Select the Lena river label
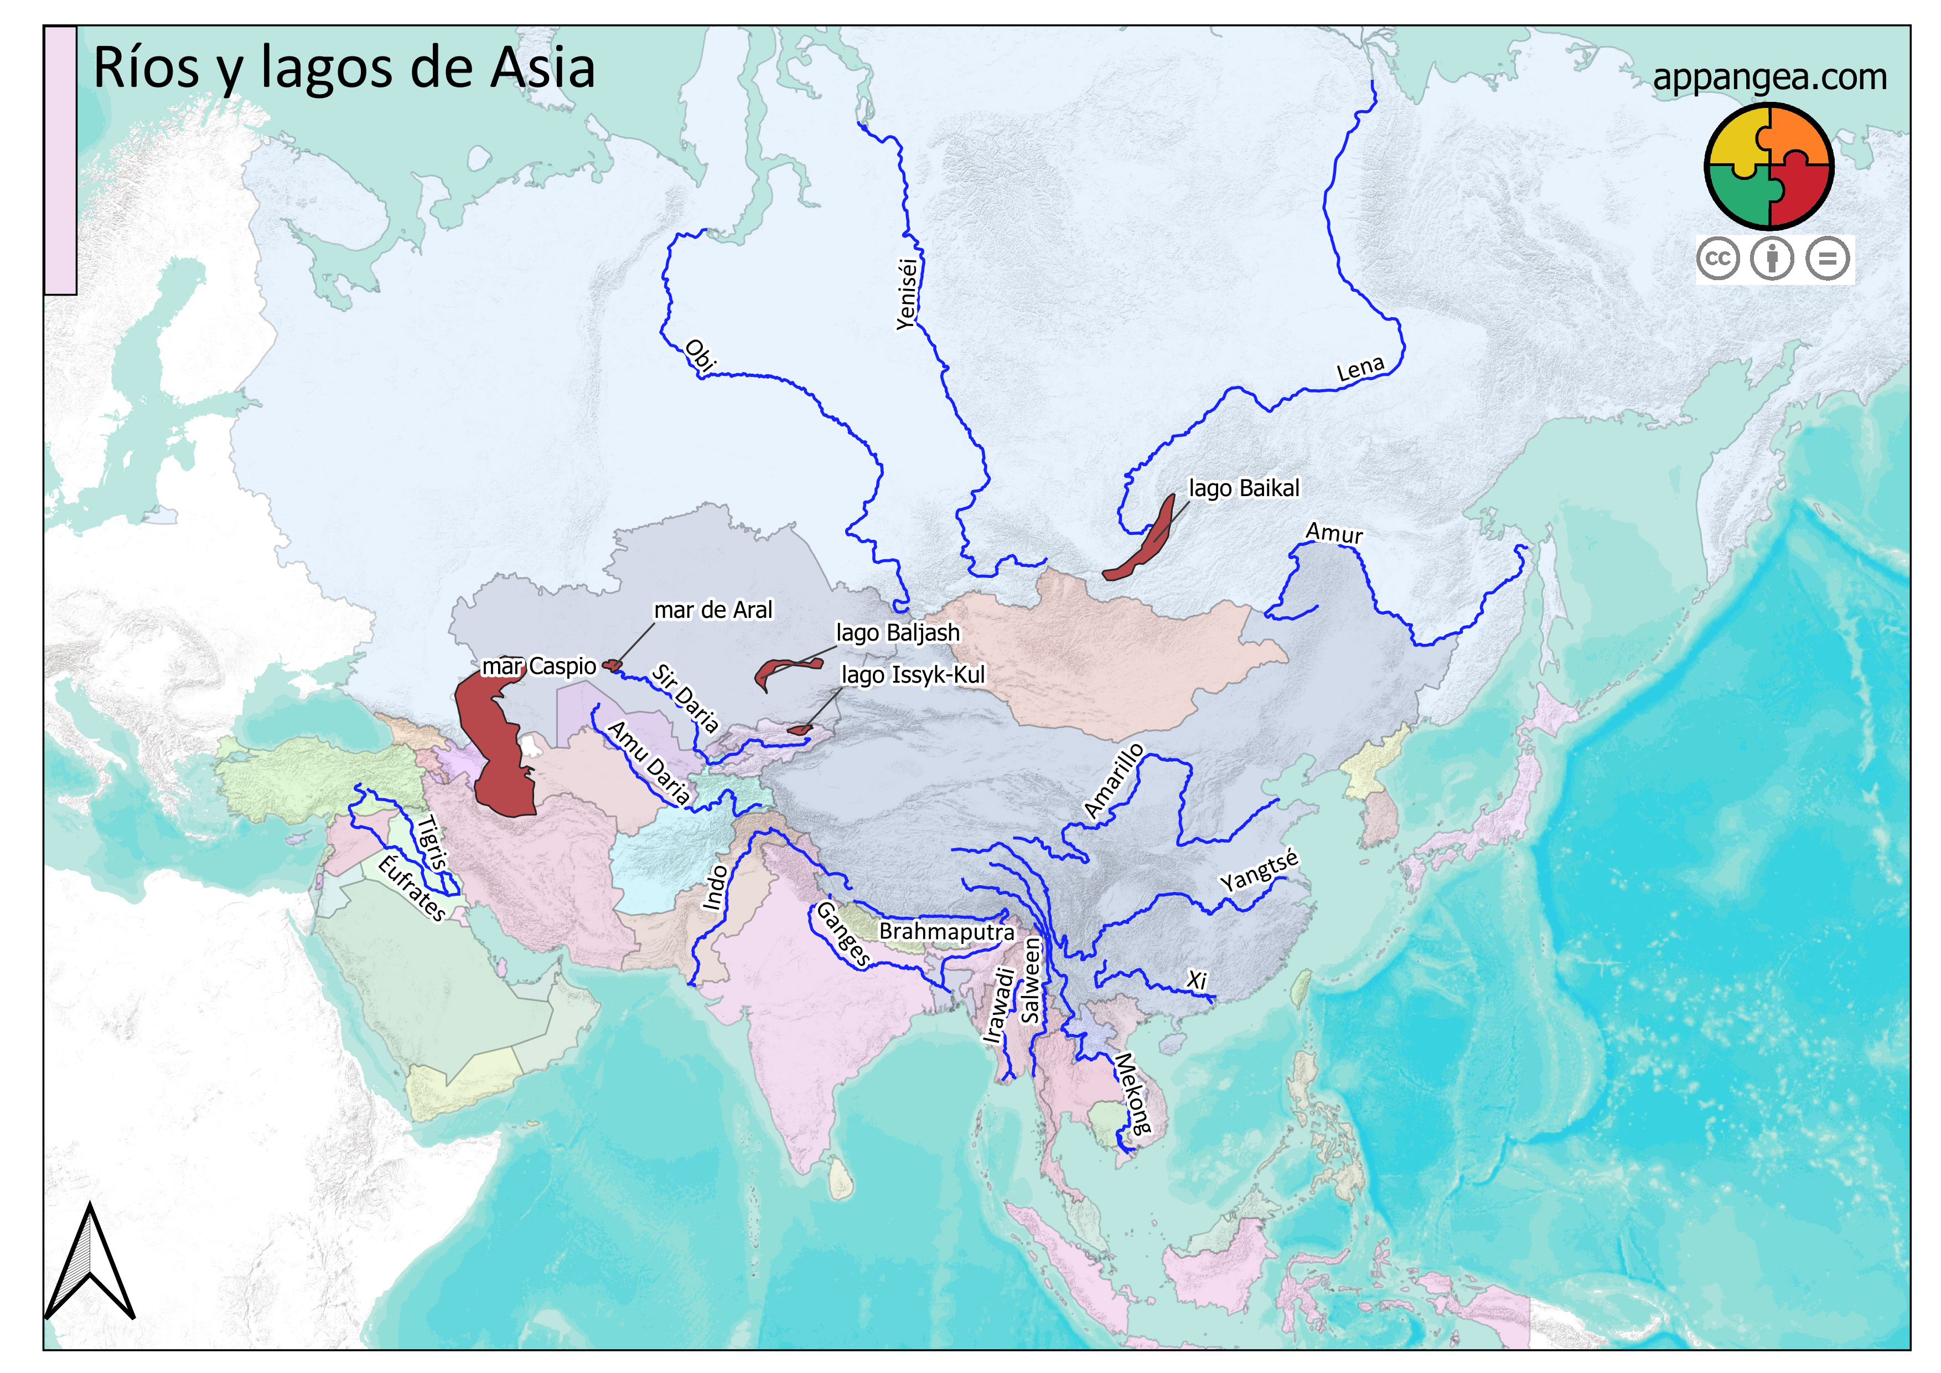click(1360, 369)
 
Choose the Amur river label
click(1334, 533)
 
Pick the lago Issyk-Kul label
click(913, 675)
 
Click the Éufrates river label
click(412, 887)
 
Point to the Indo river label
click(715, 887)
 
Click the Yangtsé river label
click(1258, 871)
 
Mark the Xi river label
click(1196, 980)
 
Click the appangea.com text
click(1769, 77)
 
